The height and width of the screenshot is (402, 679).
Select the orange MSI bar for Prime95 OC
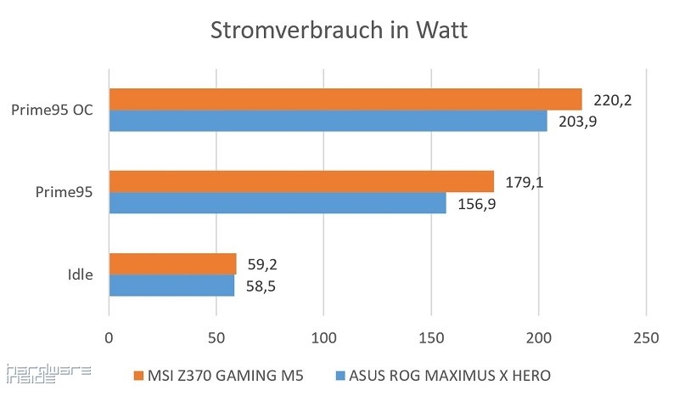click(345, 99)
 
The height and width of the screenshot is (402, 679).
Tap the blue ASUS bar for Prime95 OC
click(328, 122)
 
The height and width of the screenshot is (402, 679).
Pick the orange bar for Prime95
click(300, 181)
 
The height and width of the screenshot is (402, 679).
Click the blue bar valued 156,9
click(277, 203)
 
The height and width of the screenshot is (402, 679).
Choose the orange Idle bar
click(172, 263)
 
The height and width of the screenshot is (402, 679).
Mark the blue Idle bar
click(171, 286)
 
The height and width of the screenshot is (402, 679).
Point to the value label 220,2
click(612, 101)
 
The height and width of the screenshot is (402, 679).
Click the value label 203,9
click(577, 121)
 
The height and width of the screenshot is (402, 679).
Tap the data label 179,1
click(524, 182)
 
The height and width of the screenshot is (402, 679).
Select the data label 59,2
click(262, 264)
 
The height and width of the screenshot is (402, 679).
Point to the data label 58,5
click(261, 286)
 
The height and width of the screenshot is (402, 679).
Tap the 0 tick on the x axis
click(109, 337)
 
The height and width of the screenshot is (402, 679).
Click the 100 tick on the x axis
click(323, 337)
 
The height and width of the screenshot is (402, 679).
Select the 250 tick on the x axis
click(646, 337)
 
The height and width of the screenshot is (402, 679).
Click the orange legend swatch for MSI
click(138, 375)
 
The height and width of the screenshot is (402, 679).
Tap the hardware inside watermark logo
click(31, 374)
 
